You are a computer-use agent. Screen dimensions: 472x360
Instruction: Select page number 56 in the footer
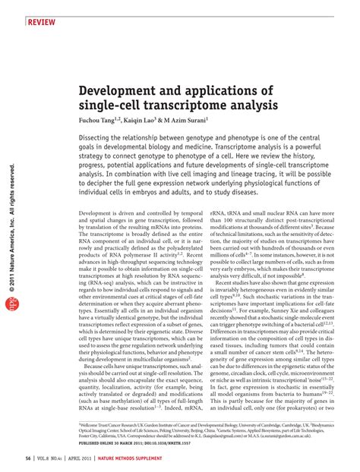pos(29,458)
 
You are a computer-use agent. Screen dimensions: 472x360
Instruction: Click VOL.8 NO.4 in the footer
pos(58,458)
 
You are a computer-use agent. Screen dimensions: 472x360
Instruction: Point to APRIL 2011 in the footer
pos(97,458)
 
